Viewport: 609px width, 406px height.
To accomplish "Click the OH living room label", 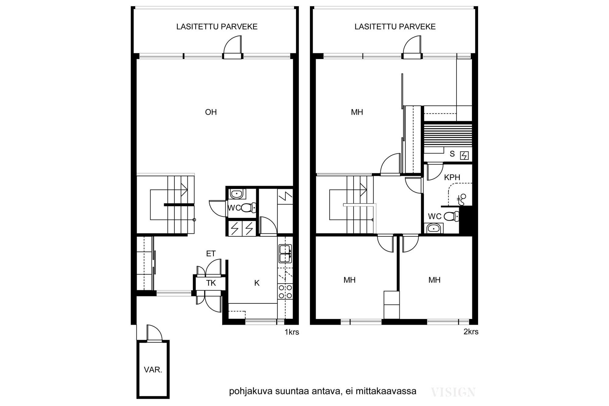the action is tap(211, 112).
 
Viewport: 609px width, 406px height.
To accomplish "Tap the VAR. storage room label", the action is tap(153, 370).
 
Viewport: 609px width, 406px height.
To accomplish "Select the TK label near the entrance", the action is tap(211, 283).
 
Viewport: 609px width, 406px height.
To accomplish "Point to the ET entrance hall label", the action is tap(211, 253).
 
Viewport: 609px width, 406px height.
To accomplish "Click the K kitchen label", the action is tap(257, 283).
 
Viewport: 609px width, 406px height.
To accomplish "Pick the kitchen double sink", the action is tap(285, 253).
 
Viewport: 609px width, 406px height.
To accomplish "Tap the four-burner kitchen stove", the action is tap(285, 291).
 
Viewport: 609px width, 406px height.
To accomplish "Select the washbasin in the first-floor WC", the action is tap(236, 194).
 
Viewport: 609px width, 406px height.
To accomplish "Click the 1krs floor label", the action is tap(292, 332).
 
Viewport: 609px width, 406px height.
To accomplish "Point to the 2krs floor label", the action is tap(471, 332).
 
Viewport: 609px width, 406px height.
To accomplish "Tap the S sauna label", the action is tap(452, 154).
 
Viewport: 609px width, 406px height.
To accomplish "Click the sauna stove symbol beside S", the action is tap(464, 156).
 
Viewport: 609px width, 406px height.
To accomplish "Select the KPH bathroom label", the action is tap(452, 177).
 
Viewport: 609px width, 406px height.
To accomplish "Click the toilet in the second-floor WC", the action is tap(451, 217).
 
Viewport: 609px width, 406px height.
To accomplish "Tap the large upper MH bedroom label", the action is tap(357, 112).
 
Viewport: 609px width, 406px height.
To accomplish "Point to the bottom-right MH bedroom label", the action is tap(434, 280).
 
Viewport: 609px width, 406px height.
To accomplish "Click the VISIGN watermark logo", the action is tap(453, 392).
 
